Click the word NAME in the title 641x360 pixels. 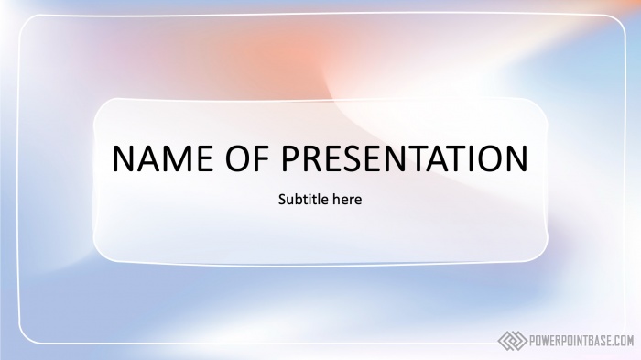[162, 158]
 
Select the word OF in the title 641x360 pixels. [243, 158]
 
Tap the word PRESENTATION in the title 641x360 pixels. [404, 158]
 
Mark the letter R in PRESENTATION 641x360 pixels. [313, 158]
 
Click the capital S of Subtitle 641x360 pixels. [281, 199]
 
